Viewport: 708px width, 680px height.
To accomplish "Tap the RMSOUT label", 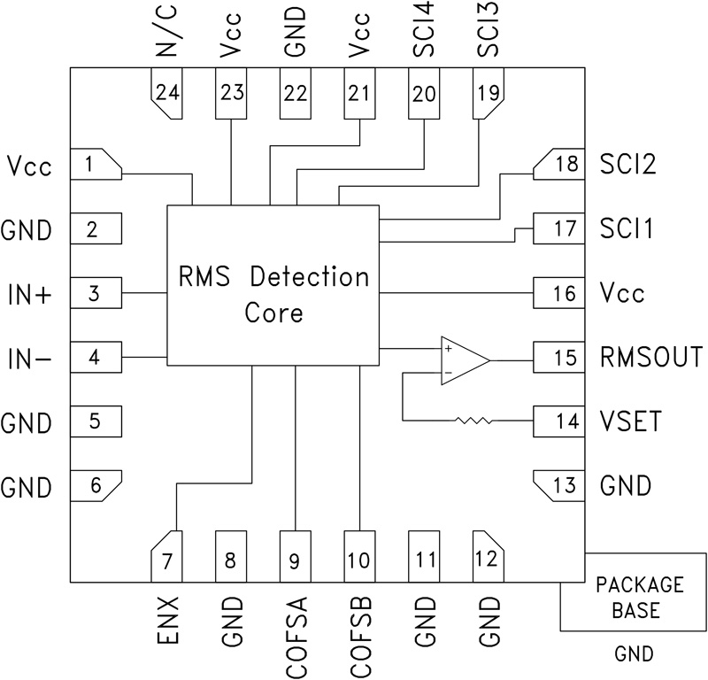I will pos(650,358).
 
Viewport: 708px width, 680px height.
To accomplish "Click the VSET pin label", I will pos(629,421).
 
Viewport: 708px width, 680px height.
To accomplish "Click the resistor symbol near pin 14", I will pos(474,421).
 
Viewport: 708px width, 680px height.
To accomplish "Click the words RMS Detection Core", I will pos(272,295).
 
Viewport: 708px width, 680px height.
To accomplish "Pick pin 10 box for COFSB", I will pos(359,557).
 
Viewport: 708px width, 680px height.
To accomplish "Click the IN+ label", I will pos(31,294).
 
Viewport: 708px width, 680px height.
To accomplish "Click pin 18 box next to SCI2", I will pos(559,164).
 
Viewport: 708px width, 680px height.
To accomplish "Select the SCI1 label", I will pos(626,229).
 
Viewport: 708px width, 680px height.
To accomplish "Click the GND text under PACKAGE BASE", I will pos(634,654).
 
